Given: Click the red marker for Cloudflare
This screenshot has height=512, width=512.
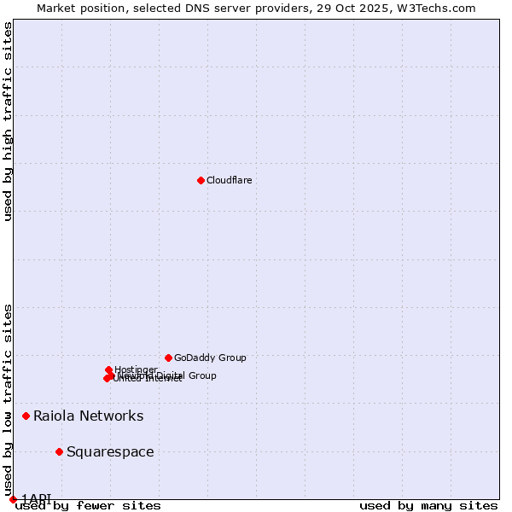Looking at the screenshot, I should (x=201, y=180).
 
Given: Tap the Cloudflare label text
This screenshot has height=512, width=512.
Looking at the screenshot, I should (x=230, y=180).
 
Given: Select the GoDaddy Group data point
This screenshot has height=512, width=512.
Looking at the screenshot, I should (x=168, y=358).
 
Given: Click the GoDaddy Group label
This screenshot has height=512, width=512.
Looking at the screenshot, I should (x=210, y=358).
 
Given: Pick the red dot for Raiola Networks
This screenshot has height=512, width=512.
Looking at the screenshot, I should (x=26, y=416).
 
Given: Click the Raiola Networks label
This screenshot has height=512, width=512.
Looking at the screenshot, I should (x=89, y=416).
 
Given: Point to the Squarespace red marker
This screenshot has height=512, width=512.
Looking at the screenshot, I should (x=59, y=451).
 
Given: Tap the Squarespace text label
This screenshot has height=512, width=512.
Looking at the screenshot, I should (x=110, y=452).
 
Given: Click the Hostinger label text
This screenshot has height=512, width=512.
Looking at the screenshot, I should (x=136, y=369).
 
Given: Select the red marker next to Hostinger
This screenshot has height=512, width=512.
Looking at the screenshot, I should (x=108, y=370).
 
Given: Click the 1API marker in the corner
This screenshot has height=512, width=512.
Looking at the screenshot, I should (x=13, y=499).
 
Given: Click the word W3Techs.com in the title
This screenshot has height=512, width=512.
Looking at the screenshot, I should (x=436, y=8).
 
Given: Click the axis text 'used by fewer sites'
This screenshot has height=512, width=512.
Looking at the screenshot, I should (x=88, y=506).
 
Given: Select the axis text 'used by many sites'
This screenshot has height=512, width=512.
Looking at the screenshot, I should (x=428, y=506).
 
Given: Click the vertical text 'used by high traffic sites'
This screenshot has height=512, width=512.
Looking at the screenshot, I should (x=9, y=121).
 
